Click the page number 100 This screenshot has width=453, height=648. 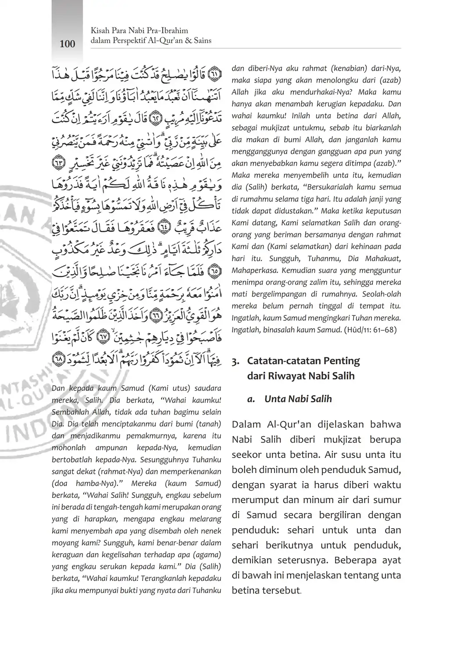pos(67,43)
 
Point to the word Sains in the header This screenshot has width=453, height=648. pos(201,41)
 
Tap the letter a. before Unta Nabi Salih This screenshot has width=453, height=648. pos(251,399)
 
